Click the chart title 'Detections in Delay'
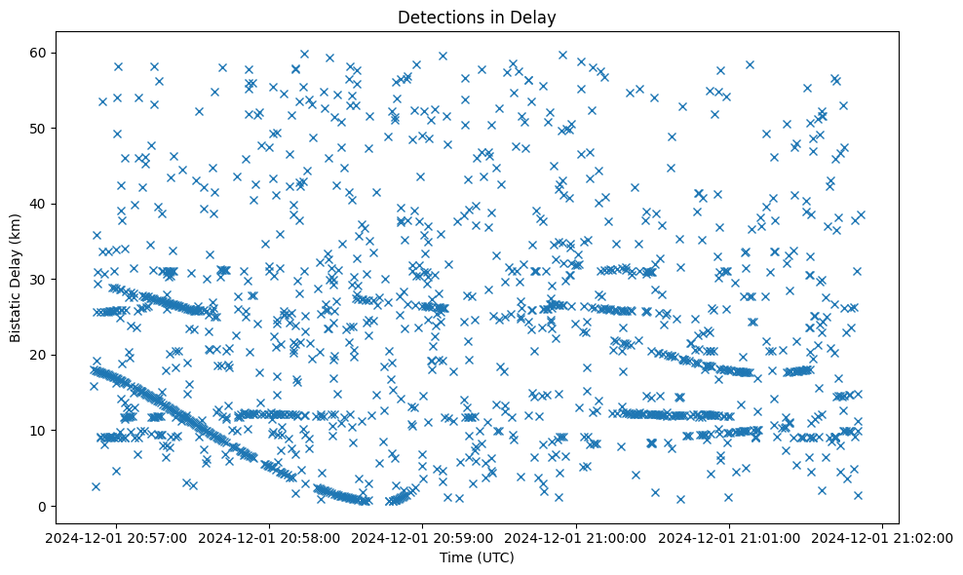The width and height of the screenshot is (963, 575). pyautogui.click(x=477, y=17)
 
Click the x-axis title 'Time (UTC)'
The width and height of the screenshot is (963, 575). pyautogui.click(x=477, y=557)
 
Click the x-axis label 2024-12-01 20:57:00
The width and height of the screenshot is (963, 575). pyautogui.click(x=116, y=536)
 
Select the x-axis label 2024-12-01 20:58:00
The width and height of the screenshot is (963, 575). pyautogui.click(x=269, y=536)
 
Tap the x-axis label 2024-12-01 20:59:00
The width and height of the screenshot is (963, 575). pyautogui.click(x=423, y=536)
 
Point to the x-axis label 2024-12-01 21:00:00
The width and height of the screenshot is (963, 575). pyautogui.click(x=576, y=536)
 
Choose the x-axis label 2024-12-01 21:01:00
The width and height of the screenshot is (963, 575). pyautogui.click(x=730, y=536)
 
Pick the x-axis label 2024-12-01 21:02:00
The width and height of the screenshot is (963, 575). pyautogui.click(x=883, y=536)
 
